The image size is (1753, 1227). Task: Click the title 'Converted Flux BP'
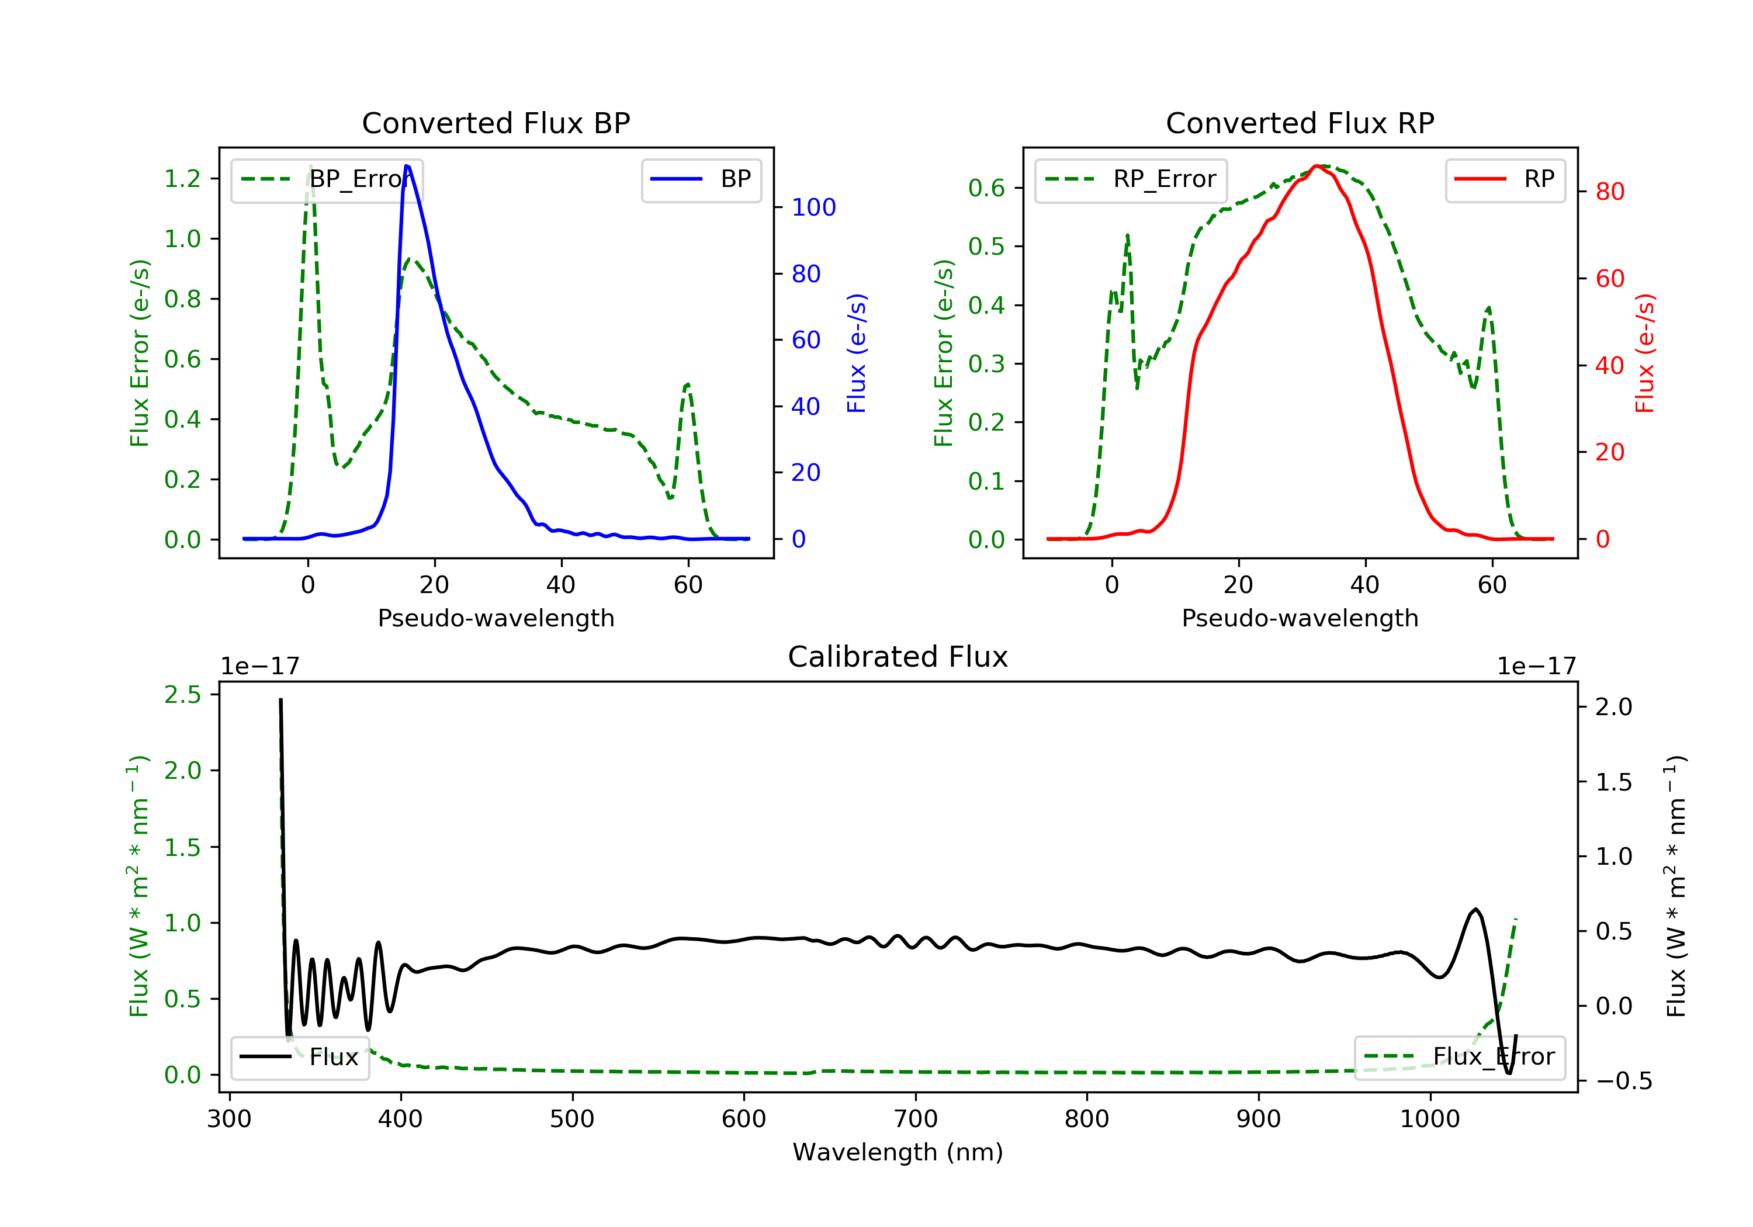[x=496, y=123]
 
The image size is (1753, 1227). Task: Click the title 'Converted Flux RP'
[x=1300, y=123]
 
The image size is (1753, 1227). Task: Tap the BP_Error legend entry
[x=327, y=179]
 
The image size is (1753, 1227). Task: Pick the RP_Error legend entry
[x=1131, y=179]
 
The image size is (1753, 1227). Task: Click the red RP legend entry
[x=1505, y=179]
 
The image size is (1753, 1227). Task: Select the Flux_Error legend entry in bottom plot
[x=1459, y=1057]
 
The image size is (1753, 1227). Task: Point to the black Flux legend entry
[x=300, y=1057]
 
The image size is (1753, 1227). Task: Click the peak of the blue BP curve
[x=407, y=166]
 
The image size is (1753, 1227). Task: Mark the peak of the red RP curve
[x=1317, y=166]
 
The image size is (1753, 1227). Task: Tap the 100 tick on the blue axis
[x=813, y=207]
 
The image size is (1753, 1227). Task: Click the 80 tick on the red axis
[x=1609, y=192]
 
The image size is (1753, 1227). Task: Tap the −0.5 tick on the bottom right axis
[x=1623, y=1081]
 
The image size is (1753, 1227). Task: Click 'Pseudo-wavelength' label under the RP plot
[x=1300, y=618]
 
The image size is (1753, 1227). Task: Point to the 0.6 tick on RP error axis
[x=986, y=188]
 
